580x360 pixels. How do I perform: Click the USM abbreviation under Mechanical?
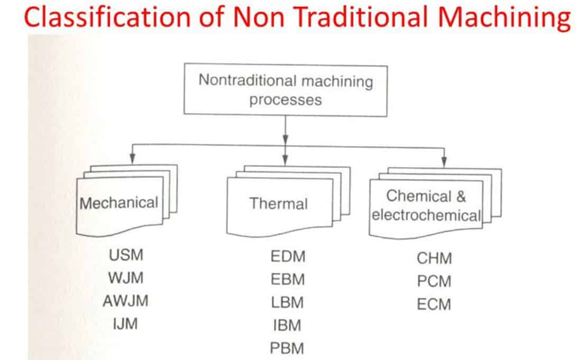(126, 255)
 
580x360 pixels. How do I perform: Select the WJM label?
(126, 278)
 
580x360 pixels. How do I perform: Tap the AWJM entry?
(126, 301)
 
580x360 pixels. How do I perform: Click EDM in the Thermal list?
(288, 257)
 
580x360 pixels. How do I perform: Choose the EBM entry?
(288, 280)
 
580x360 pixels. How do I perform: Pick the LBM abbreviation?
(288, 302)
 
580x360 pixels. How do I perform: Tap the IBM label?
(288, 326)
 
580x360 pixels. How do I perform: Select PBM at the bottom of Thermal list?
(288, 348)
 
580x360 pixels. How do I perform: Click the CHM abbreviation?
(434, 259)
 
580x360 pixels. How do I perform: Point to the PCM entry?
(434, 281)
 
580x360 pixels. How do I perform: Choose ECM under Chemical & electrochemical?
(434, 304)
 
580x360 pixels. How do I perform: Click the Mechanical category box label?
(119, 202)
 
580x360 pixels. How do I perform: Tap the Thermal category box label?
(278, 204)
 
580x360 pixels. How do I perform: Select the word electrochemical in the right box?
(426, 215)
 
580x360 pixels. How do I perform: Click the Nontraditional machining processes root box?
(286, 90)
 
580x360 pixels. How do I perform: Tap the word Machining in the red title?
(507, 18)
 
